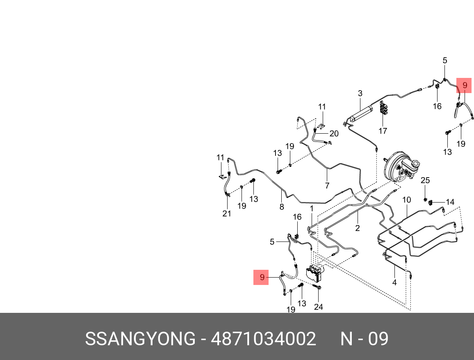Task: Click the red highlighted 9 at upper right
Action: point(465,85)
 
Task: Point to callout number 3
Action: point(360,93)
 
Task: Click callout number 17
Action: point(383,131)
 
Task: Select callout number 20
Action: point(334,134)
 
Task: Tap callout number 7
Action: point(327,185)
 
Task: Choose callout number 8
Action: point(282,207)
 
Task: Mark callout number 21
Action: point(227,214)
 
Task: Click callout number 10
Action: point(406,200)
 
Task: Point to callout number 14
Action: point(450,202)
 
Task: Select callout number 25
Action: point(425,180)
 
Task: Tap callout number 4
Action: point(394,283)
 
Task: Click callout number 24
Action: point(319,307)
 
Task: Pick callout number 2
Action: point(358,228)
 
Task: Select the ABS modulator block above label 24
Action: point(315,272)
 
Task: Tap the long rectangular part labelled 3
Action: point(360,113)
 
